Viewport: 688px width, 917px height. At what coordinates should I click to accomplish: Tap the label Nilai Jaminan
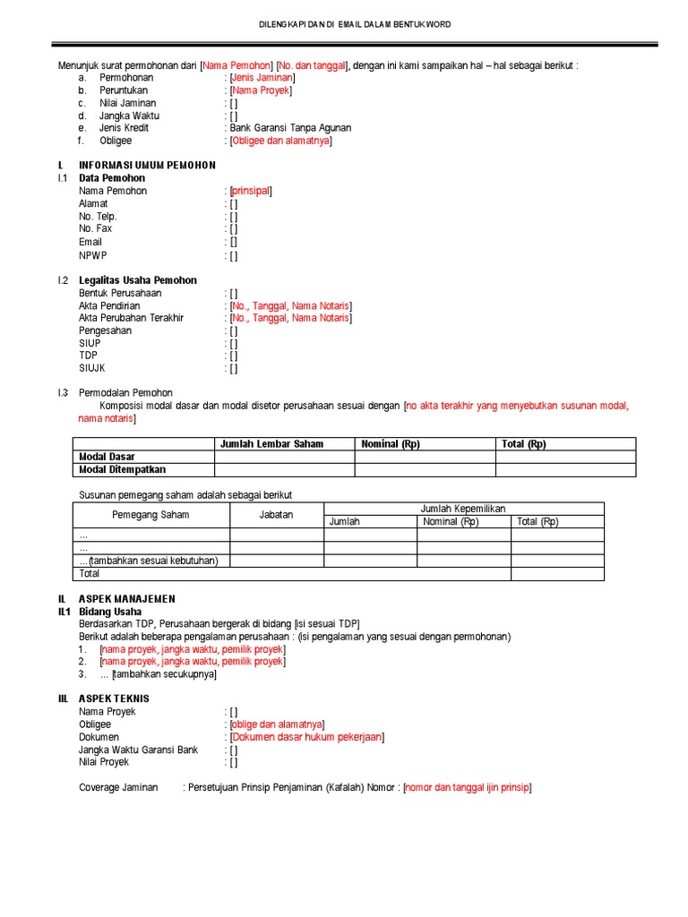(x=128, y=103)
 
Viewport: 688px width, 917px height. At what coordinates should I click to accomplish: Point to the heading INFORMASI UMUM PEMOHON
(x=147, y=166)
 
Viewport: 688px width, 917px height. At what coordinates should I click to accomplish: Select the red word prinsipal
(x=251, y=191)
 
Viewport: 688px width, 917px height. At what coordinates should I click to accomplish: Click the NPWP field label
(x=92, y=255)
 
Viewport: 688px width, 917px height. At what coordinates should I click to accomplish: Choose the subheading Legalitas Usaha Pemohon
(x=137, y=280)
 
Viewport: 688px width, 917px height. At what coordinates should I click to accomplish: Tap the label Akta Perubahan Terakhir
(x=131, y=318)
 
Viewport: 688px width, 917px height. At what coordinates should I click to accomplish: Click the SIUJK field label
(x=93, y=368)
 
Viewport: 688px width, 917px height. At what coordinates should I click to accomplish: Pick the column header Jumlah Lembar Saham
(x=272, y=444)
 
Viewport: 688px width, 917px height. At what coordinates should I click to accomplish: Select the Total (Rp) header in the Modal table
(x=524, y=444)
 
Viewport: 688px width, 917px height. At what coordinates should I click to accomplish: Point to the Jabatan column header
(x=277, y=515)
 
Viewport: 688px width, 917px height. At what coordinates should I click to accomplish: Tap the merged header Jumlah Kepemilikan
(x=463, y=508)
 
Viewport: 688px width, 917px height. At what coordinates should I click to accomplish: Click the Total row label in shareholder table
(x=90, y=573)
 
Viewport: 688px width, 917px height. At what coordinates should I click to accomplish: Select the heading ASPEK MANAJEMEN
(x=127, y=598)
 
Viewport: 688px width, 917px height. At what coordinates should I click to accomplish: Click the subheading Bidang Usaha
(x=112, y=612)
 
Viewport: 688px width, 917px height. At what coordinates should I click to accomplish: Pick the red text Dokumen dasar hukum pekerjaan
(x=307, y=737)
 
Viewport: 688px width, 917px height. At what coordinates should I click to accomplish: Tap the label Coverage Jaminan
(x=118, y=787)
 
